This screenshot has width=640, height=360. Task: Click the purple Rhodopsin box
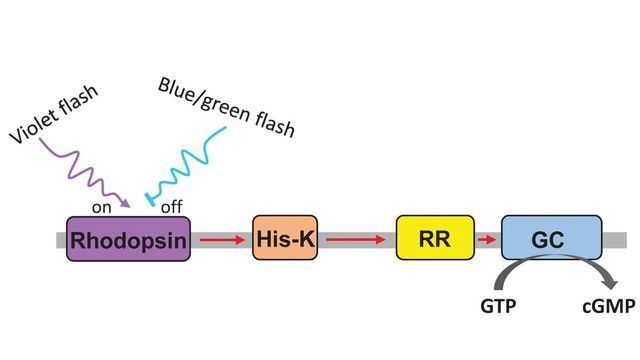tap(127, 239)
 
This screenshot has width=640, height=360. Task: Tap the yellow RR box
tap(435, 239)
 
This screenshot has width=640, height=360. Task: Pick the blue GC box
tap(550, 239)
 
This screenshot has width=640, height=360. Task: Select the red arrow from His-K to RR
tap(356, 239)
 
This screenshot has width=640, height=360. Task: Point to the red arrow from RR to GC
tap(486, 239)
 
